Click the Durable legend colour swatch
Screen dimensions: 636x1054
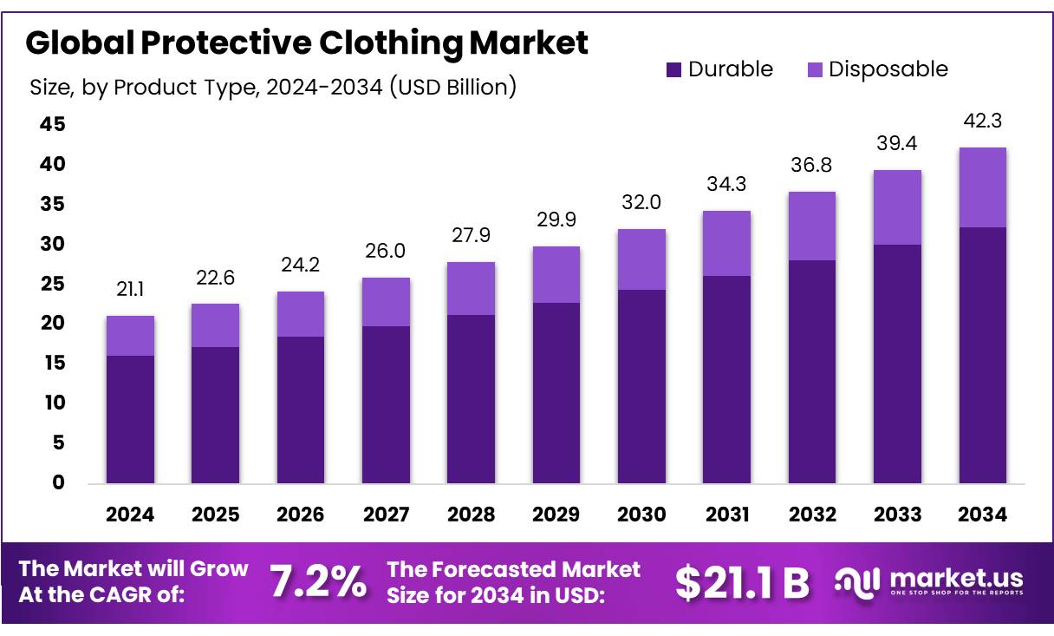tap(674, 70)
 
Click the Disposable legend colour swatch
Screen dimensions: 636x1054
tap(815, 70)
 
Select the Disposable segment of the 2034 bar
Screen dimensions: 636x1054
tap(983, 187)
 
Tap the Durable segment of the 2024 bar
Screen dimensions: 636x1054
tap(130, 419)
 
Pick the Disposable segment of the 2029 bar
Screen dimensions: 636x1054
tap(556, 274)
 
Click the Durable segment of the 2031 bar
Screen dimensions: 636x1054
tap(726, 379)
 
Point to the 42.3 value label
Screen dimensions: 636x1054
tap(983, 121)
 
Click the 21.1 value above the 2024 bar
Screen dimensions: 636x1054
tap(130, 289)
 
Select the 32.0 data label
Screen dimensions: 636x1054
tap(641, 202)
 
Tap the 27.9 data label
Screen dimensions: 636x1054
tap(472, 235)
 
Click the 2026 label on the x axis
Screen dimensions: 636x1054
tap(301, 515)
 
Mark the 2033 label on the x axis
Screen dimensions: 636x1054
tap(897, 515)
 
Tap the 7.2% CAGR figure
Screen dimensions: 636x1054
tap(317, 582)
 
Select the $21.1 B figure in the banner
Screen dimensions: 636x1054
tap(741, 583)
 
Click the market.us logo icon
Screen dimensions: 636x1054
tap(857, 581)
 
